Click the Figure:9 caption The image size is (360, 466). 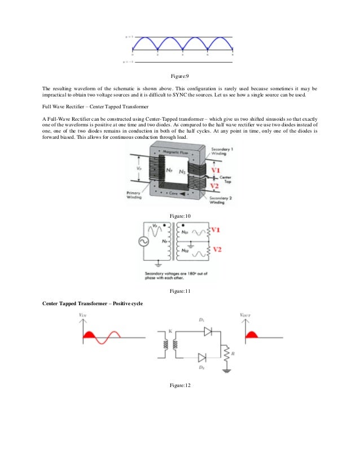click(180, 76)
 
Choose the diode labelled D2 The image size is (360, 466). click(202, 357)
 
